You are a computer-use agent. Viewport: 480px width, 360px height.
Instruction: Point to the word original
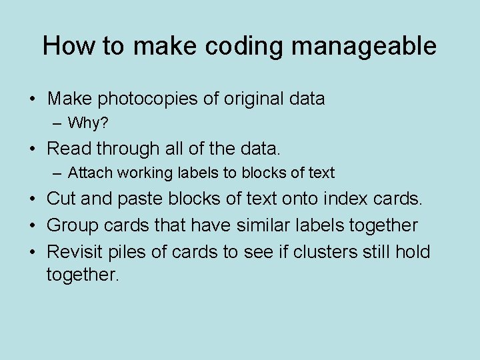(x=252, y=99)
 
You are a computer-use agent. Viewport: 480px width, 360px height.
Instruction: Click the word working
(x=140, y=173)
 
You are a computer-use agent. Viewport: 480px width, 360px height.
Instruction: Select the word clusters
(x=329, y=252)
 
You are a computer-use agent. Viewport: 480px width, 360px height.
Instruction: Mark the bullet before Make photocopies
(x=32, y=100)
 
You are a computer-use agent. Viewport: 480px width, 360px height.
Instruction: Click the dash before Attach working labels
(x=58, y=173)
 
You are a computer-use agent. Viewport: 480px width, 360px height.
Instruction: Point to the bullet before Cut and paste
(x=32, y=199)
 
